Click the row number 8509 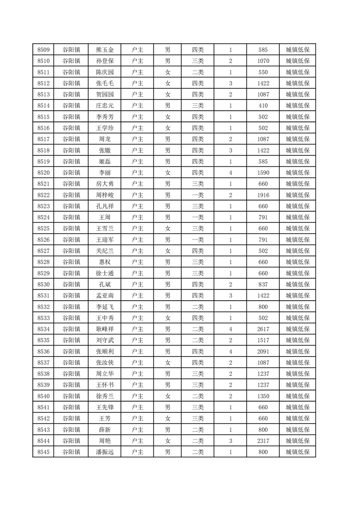point(44,50)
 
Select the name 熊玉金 point(105,50)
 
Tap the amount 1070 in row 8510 point(263,61)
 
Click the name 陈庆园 point(105,72)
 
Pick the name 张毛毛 point(105,83)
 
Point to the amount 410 point(263,106)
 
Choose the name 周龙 point(105,139)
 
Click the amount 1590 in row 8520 point(263,173)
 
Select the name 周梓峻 point(105,195)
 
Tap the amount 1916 point(263,195)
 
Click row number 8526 point(44,240)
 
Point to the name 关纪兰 point(105,251)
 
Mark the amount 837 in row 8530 point(263,284)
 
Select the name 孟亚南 point(105,295)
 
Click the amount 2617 point(263,329)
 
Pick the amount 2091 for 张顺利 point(263,351)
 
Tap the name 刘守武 point(105,340)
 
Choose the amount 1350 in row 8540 point(263,396)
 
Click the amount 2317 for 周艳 point(263,440)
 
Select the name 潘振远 point(105,452)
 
